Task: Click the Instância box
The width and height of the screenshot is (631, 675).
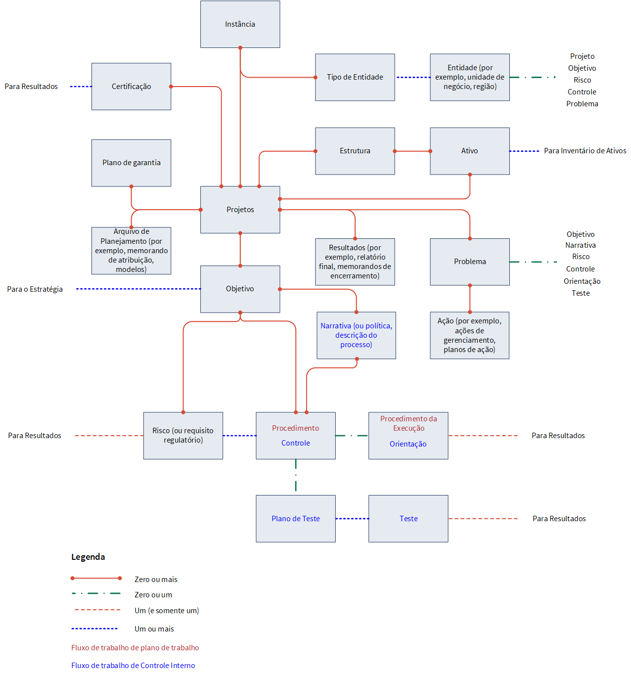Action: point(240,24)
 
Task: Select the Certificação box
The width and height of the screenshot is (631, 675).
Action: point(131,87)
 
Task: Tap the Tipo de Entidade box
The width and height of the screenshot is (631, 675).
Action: point(355,77)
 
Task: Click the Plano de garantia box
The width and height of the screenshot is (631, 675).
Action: point(131,163)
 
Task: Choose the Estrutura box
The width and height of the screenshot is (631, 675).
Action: point(355,151)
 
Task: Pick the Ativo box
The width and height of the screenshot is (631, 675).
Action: point(470,151)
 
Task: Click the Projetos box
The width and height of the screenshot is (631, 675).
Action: point(240,209)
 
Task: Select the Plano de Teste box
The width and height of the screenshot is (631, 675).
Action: point(296,518)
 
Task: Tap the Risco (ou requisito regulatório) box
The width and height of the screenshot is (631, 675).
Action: point(183,435)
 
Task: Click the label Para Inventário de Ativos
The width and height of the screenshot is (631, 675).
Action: point(585,150)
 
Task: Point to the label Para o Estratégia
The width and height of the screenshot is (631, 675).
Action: point(35,289)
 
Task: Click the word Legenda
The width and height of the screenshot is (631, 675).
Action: point(88,557)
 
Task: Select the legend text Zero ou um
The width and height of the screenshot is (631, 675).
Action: point(153,594)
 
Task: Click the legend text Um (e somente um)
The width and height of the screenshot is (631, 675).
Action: point(167,610)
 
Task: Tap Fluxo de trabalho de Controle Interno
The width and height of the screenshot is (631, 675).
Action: point(134,665)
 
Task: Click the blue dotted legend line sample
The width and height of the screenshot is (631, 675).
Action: point(94,629)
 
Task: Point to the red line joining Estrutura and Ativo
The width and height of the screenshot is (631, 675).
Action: point(412,151)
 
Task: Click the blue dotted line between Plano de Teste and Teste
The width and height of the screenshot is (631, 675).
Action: point(352,519)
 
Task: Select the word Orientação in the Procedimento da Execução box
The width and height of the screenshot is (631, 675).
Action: point(408,444)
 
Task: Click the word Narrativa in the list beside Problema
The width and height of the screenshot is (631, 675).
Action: point(581,245)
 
